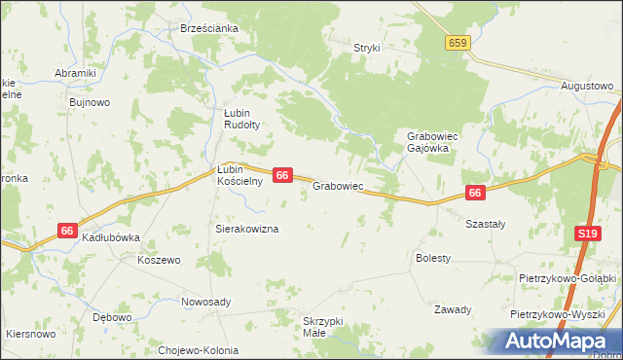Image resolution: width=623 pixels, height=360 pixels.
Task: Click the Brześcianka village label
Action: tap(209, 28)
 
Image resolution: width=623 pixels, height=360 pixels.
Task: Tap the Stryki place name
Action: tap(367, 47)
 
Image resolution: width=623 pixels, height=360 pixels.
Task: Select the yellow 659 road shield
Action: tap(459, 43)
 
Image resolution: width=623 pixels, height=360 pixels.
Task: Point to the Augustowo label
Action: tap(587, 86)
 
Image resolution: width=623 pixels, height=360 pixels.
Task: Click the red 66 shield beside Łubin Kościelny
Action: tap(282, 175)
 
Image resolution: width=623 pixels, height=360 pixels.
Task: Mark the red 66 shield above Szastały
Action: tap(475, 194)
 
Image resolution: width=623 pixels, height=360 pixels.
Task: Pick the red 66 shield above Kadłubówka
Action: tap(67, 231)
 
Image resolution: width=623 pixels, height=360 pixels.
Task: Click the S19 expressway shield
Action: tap(587, 234)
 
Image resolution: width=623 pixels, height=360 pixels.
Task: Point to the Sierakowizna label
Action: tap(247, 229)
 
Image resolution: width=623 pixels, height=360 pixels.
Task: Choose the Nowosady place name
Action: tap(206, 302)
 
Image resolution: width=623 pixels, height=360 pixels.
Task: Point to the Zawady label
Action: tap(453, 309)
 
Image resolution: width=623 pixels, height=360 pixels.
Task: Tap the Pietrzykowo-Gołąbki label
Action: tap(568, 277)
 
